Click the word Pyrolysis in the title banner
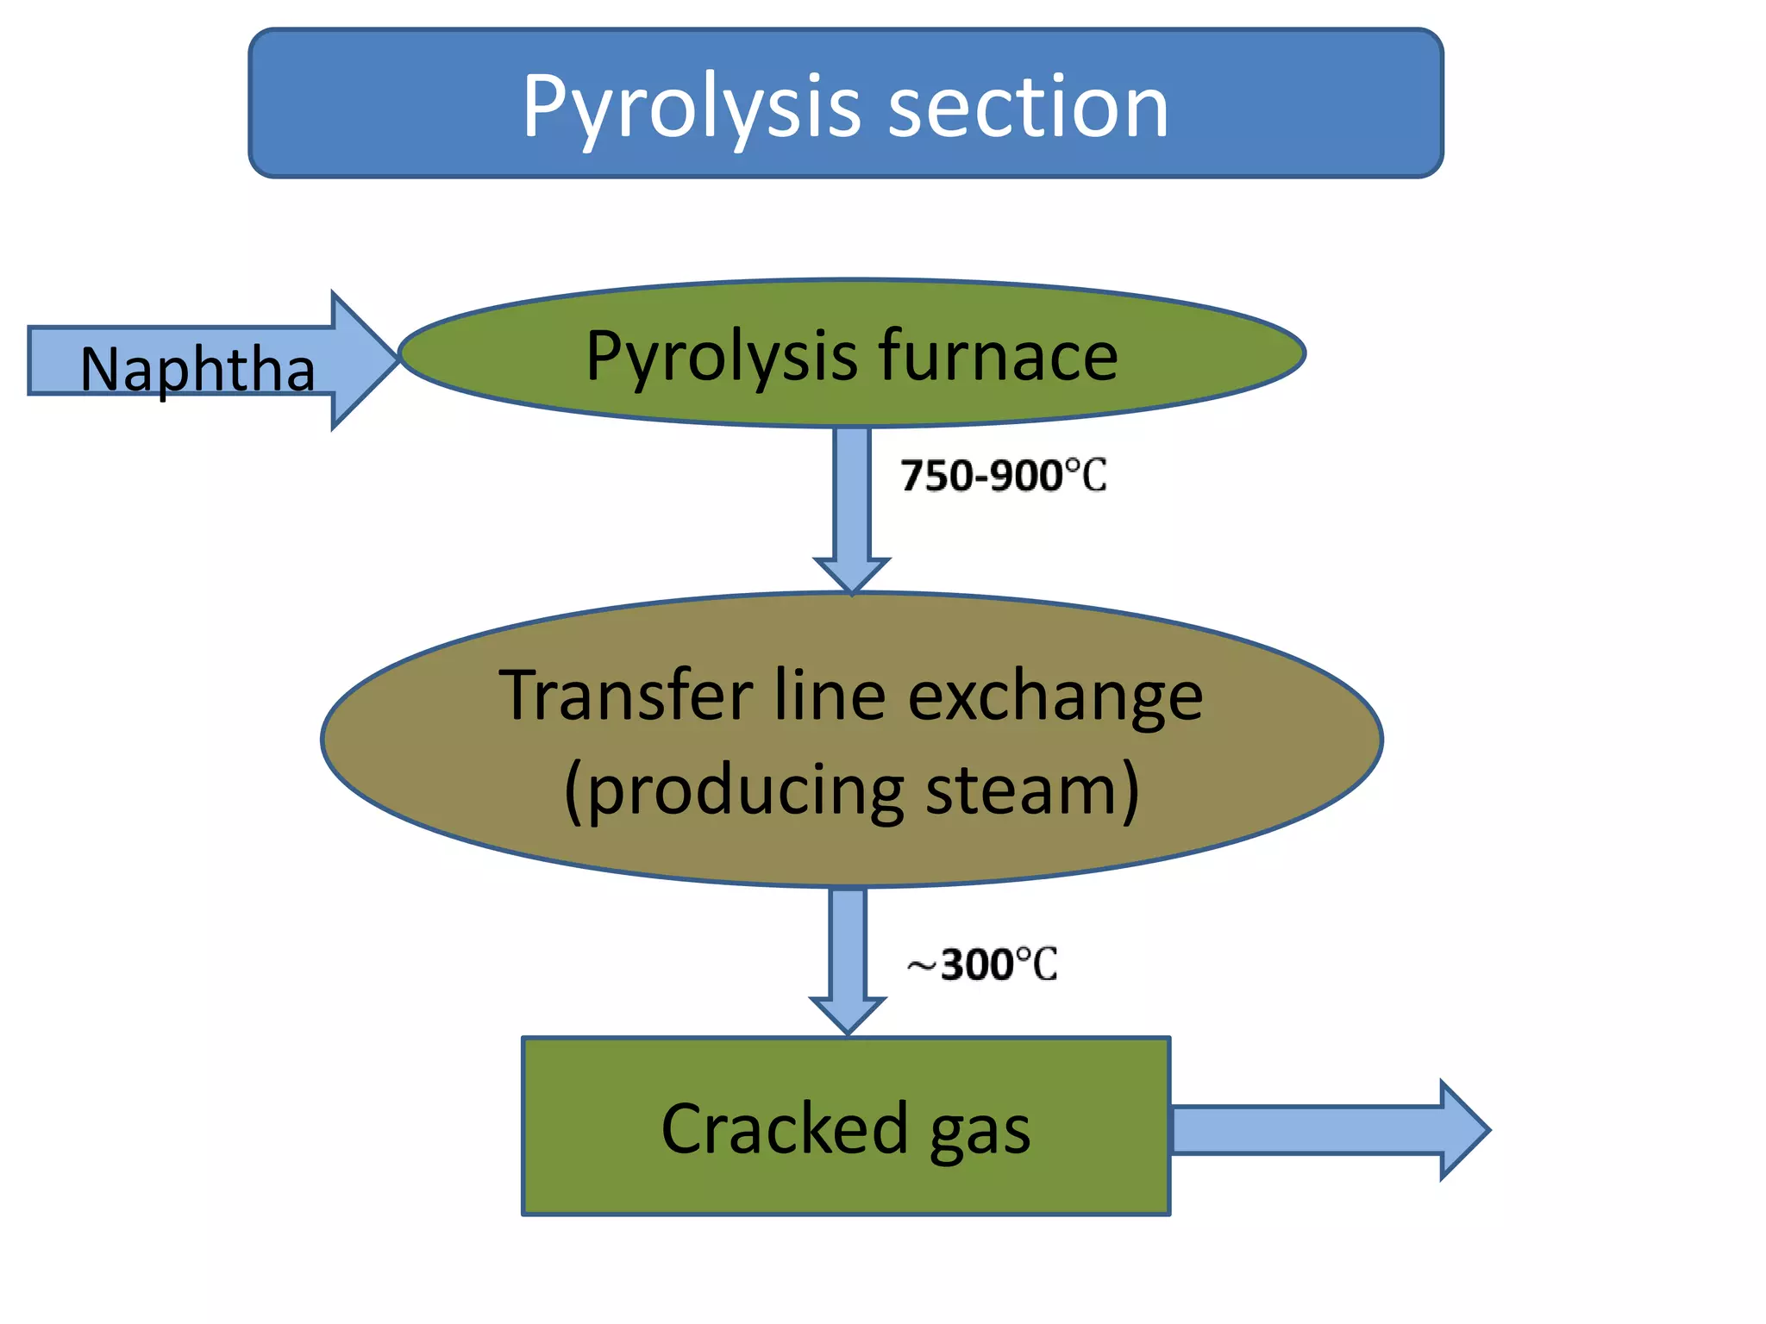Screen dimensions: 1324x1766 pyautogui.click(x=691, y=108)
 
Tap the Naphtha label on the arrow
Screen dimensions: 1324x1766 pyautogui.click(x=197, y=369)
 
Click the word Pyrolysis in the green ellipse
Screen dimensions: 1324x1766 pyautogui.click(x=721, y=357)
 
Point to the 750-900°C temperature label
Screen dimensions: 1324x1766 pyautogui.click(x=1003, y=476)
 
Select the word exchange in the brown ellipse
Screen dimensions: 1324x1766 pyautogui.click(x=1055, y=696)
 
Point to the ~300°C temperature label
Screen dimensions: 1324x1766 pyautogui.click(x=982, y=965)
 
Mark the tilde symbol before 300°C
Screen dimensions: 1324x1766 pyautogui.click(x=922, y=967)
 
